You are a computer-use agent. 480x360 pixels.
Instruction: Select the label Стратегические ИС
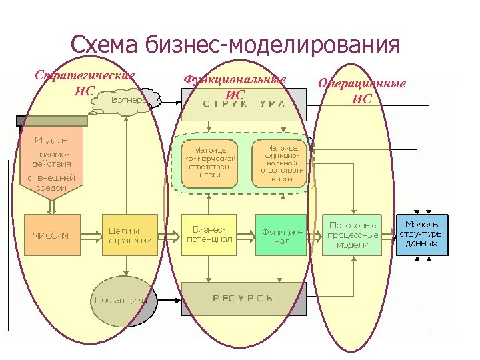coord(85,82)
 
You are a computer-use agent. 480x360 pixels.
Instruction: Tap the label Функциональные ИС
coord(235,87)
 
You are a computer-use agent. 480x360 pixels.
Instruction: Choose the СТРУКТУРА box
coord(243,103)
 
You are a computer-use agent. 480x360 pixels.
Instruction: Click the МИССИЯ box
coord(52,235)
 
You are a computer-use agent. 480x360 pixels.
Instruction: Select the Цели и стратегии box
coord(130,235)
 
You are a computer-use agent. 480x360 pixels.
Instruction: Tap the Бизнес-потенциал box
coord(209,235)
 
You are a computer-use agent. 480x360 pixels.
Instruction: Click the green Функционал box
coord(281,235)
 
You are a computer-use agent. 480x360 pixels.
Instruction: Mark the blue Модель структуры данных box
coord(423,235)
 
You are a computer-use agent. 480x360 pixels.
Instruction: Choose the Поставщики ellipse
coord(121,299)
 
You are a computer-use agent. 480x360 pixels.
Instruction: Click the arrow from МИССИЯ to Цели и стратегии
coord(91,235)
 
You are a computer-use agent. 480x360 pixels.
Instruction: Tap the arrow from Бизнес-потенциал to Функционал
coord(245,235)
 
